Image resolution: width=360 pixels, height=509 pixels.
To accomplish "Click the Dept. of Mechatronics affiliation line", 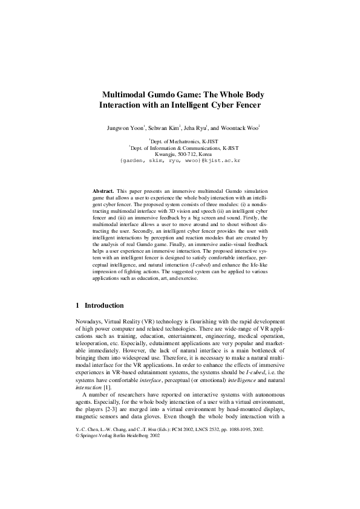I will (180, 141).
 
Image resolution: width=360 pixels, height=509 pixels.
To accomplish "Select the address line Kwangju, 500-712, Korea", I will (180, 154).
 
